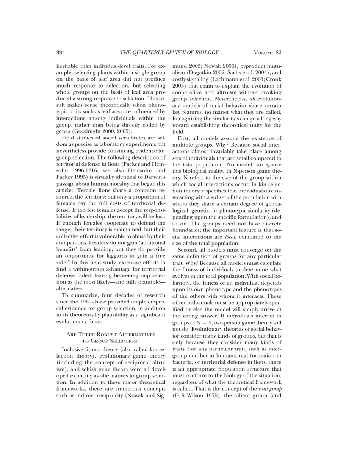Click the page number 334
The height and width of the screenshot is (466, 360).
point(61,53)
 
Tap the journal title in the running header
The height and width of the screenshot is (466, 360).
point(169,53)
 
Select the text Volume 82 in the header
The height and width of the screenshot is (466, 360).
point(268,53)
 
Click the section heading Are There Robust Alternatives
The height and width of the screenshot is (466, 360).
point(111,334)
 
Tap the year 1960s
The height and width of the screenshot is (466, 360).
point(87,302)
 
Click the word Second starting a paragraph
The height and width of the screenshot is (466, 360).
point(188,250)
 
